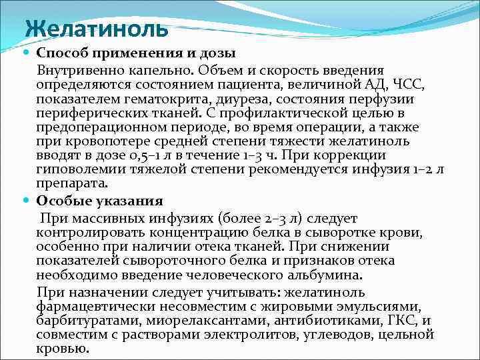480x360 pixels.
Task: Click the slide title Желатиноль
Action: [97, 30]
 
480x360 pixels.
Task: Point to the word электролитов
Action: [223, 334]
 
